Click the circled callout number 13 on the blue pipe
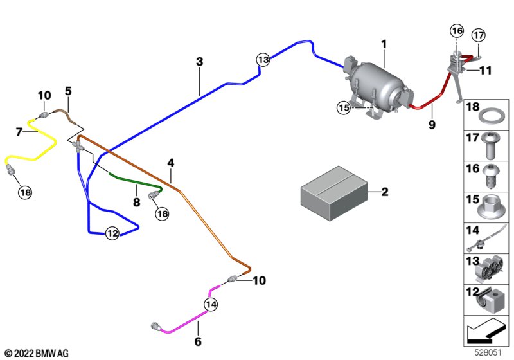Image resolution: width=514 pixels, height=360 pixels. (262, 60)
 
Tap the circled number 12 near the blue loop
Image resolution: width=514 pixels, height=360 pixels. (112, 233)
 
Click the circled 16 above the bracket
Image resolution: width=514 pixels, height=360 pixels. (456, 31)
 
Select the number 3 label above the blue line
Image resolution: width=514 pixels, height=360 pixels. (200, 62)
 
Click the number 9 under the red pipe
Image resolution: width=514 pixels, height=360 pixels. (432, 125)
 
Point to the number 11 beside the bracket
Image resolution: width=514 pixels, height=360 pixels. (484, 71)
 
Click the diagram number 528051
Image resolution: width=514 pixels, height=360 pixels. (490, 353)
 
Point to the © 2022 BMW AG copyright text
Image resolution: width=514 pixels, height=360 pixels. (36, 353)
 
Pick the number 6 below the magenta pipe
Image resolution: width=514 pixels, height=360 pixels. (198, 341)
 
